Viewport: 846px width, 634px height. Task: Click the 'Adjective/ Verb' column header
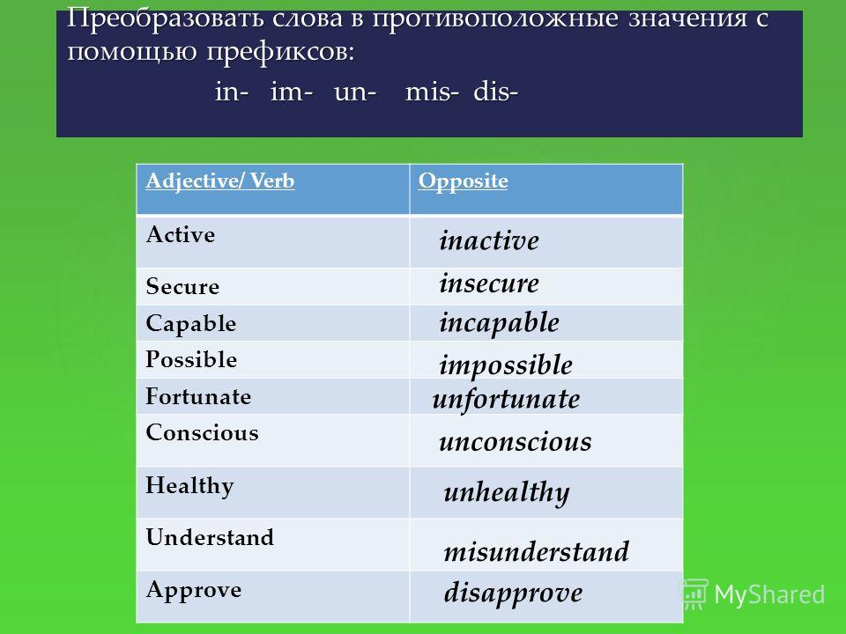point(220,181)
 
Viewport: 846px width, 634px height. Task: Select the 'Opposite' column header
point(463,181)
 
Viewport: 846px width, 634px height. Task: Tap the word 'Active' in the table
point(180,234)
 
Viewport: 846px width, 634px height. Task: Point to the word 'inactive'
point(489,240)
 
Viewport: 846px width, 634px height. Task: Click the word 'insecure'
point(489,283)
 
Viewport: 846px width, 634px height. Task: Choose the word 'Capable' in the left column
point(191,324)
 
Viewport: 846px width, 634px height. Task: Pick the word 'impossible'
point(506,365)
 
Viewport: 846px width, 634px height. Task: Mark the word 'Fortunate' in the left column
point(198,396)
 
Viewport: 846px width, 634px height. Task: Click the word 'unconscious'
point(516,441)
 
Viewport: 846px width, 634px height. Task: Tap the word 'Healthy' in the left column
point(190,486)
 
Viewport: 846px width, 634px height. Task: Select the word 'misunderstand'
point(537,551)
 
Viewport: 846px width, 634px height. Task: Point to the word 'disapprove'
point(513,593)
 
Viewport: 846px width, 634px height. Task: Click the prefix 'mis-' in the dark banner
point(432,92)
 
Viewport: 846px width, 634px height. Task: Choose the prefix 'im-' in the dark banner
point(292,92)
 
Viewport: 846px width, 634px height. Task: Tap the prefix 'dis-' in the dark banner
point(496,92)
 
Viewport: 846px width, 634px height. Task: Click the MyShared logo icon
point(694,594)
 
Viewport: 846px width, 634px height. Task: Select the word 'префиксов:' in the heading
point(280,53)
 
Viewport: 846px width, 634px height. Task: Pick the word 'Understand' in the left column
point(210,537)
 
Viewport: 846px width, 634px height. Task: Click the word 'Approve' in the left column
point(194,591)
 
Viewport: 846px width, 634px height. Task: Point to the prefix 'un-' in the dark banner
point(355,92)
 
